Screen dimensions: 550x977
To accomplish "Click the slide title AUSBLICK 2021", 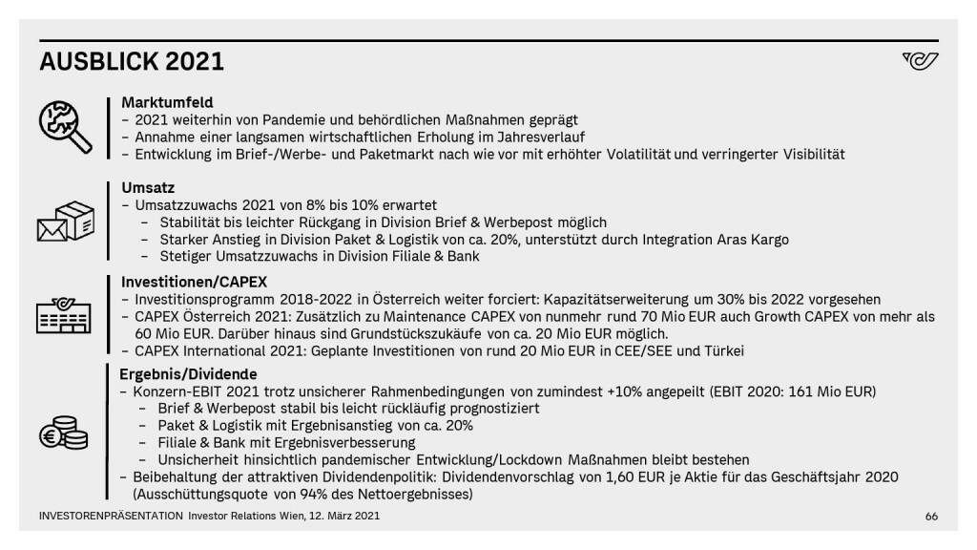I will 132,62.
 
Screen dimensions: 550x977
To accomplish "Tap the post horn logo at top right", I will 920,62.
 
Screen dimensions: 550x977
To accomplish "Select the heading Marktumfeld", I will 167,102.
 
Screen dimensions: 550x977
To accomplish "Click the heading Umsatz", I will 148,188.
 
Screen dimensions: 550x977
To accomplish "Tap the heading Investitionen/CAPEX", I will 194,283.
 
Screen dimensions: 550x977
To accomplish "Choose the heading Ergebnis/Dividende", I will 188,374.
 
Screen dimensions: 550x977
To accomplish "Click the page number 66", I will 931,517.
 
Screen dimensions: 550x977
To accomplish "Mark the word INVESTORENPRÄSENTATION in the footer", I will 111,517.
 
